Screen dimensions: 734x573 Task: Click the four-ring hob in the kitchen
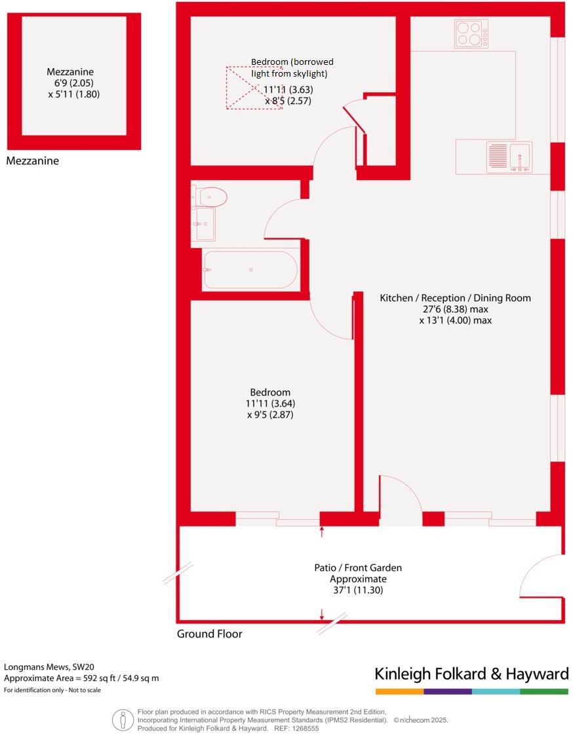471,33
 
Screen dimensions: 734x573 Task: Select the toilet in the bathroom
212,196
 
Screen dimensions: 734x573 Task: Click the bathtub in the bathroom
250,270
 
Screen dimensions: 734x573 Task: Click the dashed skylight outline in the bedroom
254,87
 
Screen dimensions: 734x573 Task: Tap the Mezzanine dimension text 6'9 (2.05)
73,83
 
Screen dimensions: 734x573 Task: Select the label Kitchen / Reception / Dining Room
455,298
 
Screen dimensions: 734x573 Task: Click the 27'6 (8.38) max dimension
455,309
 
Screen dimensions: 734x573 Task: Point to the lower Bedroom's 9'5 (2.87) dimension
269,414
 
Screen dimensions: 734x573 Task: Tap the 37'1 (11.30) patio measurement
357,590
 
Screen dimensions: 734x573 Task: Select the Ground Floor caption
209,634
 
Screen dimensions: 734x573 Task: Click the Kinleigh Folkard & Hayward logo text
471,674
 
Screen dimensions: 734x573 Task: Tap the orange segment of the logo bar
399,691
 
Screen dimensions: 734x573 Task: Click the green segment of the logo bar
544,691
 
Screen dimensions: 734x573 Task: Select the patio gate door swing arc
539,576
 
